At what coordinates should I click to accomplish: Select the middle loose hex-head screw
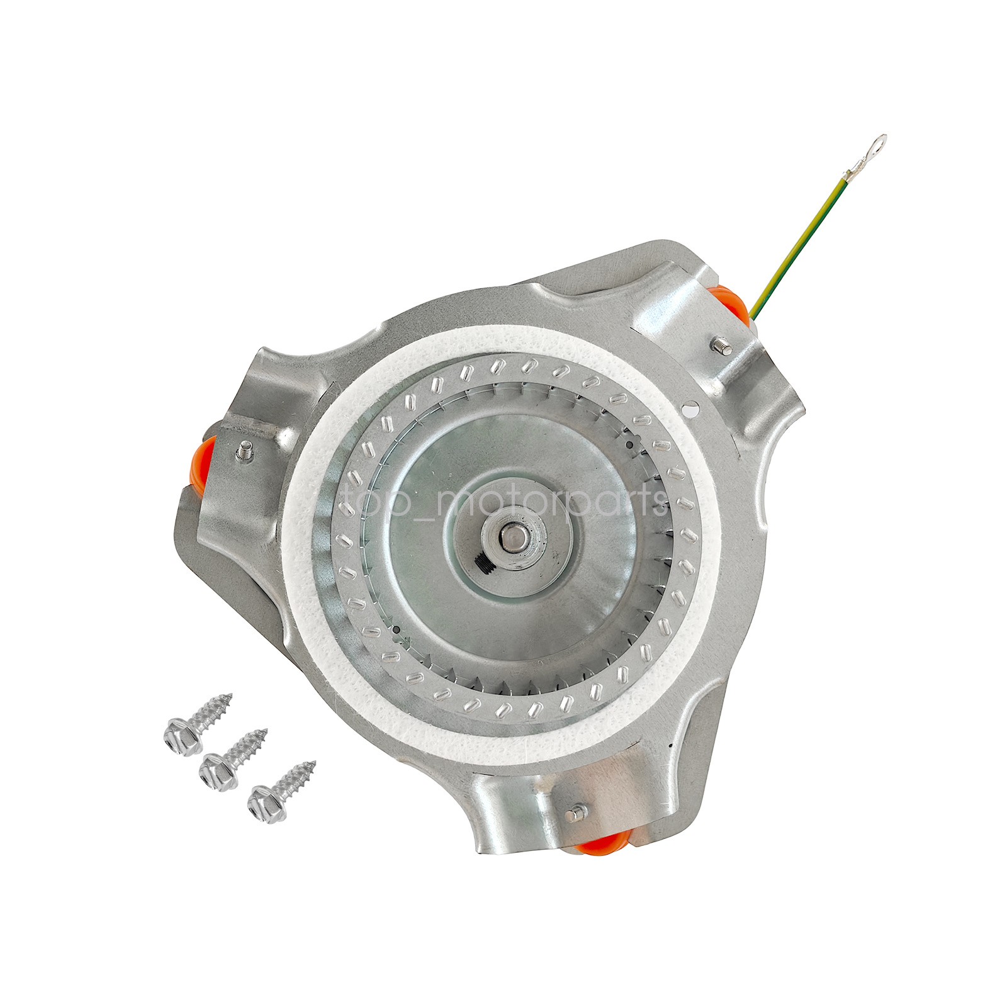[233, 758]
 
